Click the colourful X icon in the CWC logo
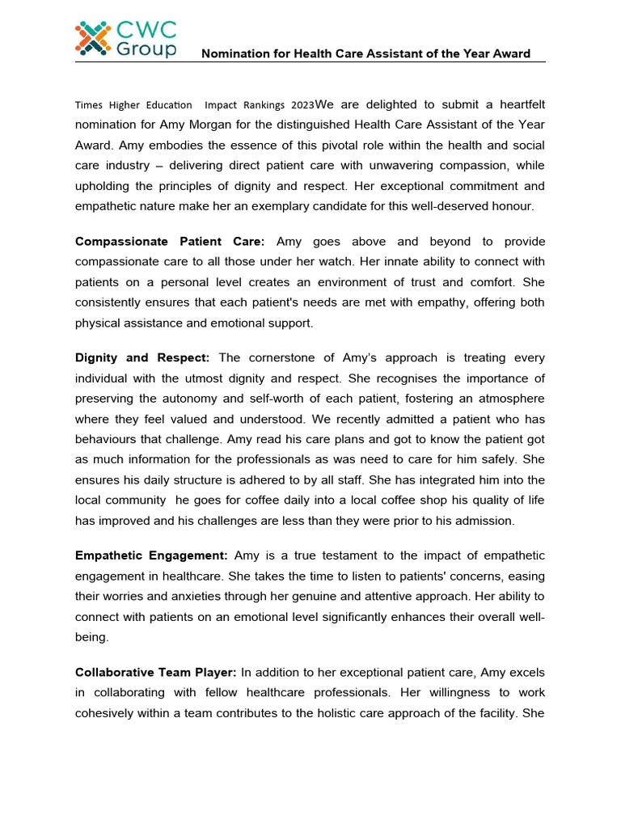click(x=93, y=39)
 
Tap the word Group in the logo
click(x=146, y=50)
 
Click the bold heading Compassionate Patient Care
click(x=170, y=242)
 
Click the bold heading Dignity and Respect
click(x=142, y=358)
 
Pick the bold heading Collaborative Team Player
click(x=156, y=672)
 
